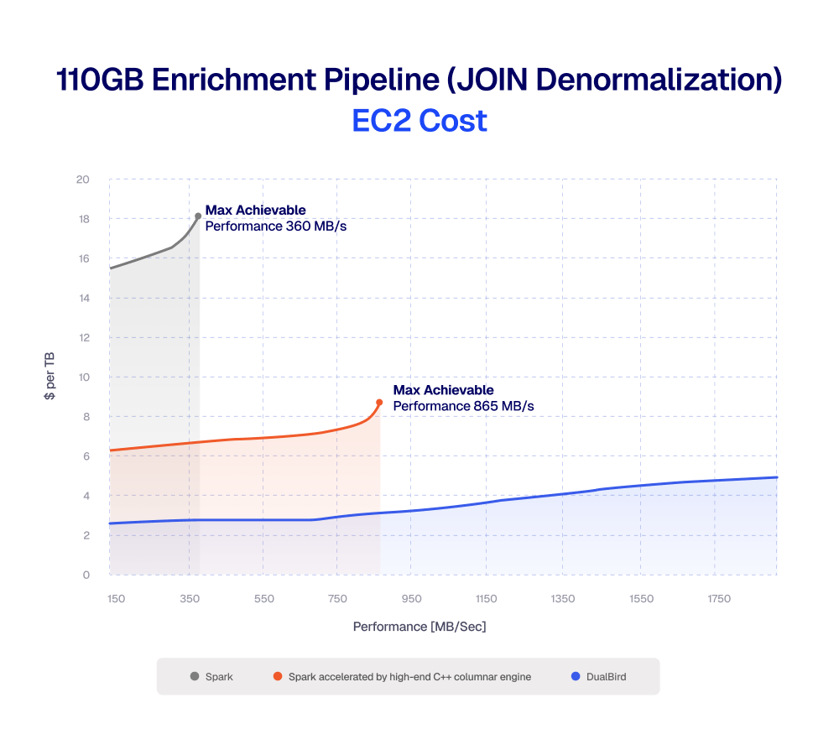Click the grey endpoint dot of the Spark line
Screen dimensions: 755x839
pyautogui.click(x=198, y=216)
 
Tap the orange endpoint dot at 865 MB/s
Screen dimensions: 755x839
pyautogui.click(x=379, y=402)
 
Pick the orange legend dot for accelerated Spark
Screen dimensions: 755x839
pyautogui.click(x=277, y=676)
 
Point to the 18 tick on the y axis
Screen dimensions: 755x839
pyautogui.click(x=83, y=219)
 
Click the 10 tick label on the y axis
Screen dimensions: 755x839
pyautogui.click(x=83, y=377)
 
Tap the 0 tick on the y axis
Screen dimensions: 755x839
pyautogui.click(x=86, y=575)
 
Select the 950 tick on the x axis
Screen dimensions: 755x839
pyautogui.click(x=411, y=599)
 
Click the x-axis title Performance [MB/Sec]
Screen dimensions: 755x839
pyautogui.click(x=419, y=627)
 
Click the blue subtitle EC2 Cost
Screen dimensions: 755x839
pyautogui.click(x=419, y=121)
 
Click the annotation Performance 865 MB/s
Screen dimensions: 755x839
pyautogui.click(x=464, y=406)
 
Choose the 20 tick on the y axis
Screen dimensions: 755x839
pyautogui.click(x=83, y=180)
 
